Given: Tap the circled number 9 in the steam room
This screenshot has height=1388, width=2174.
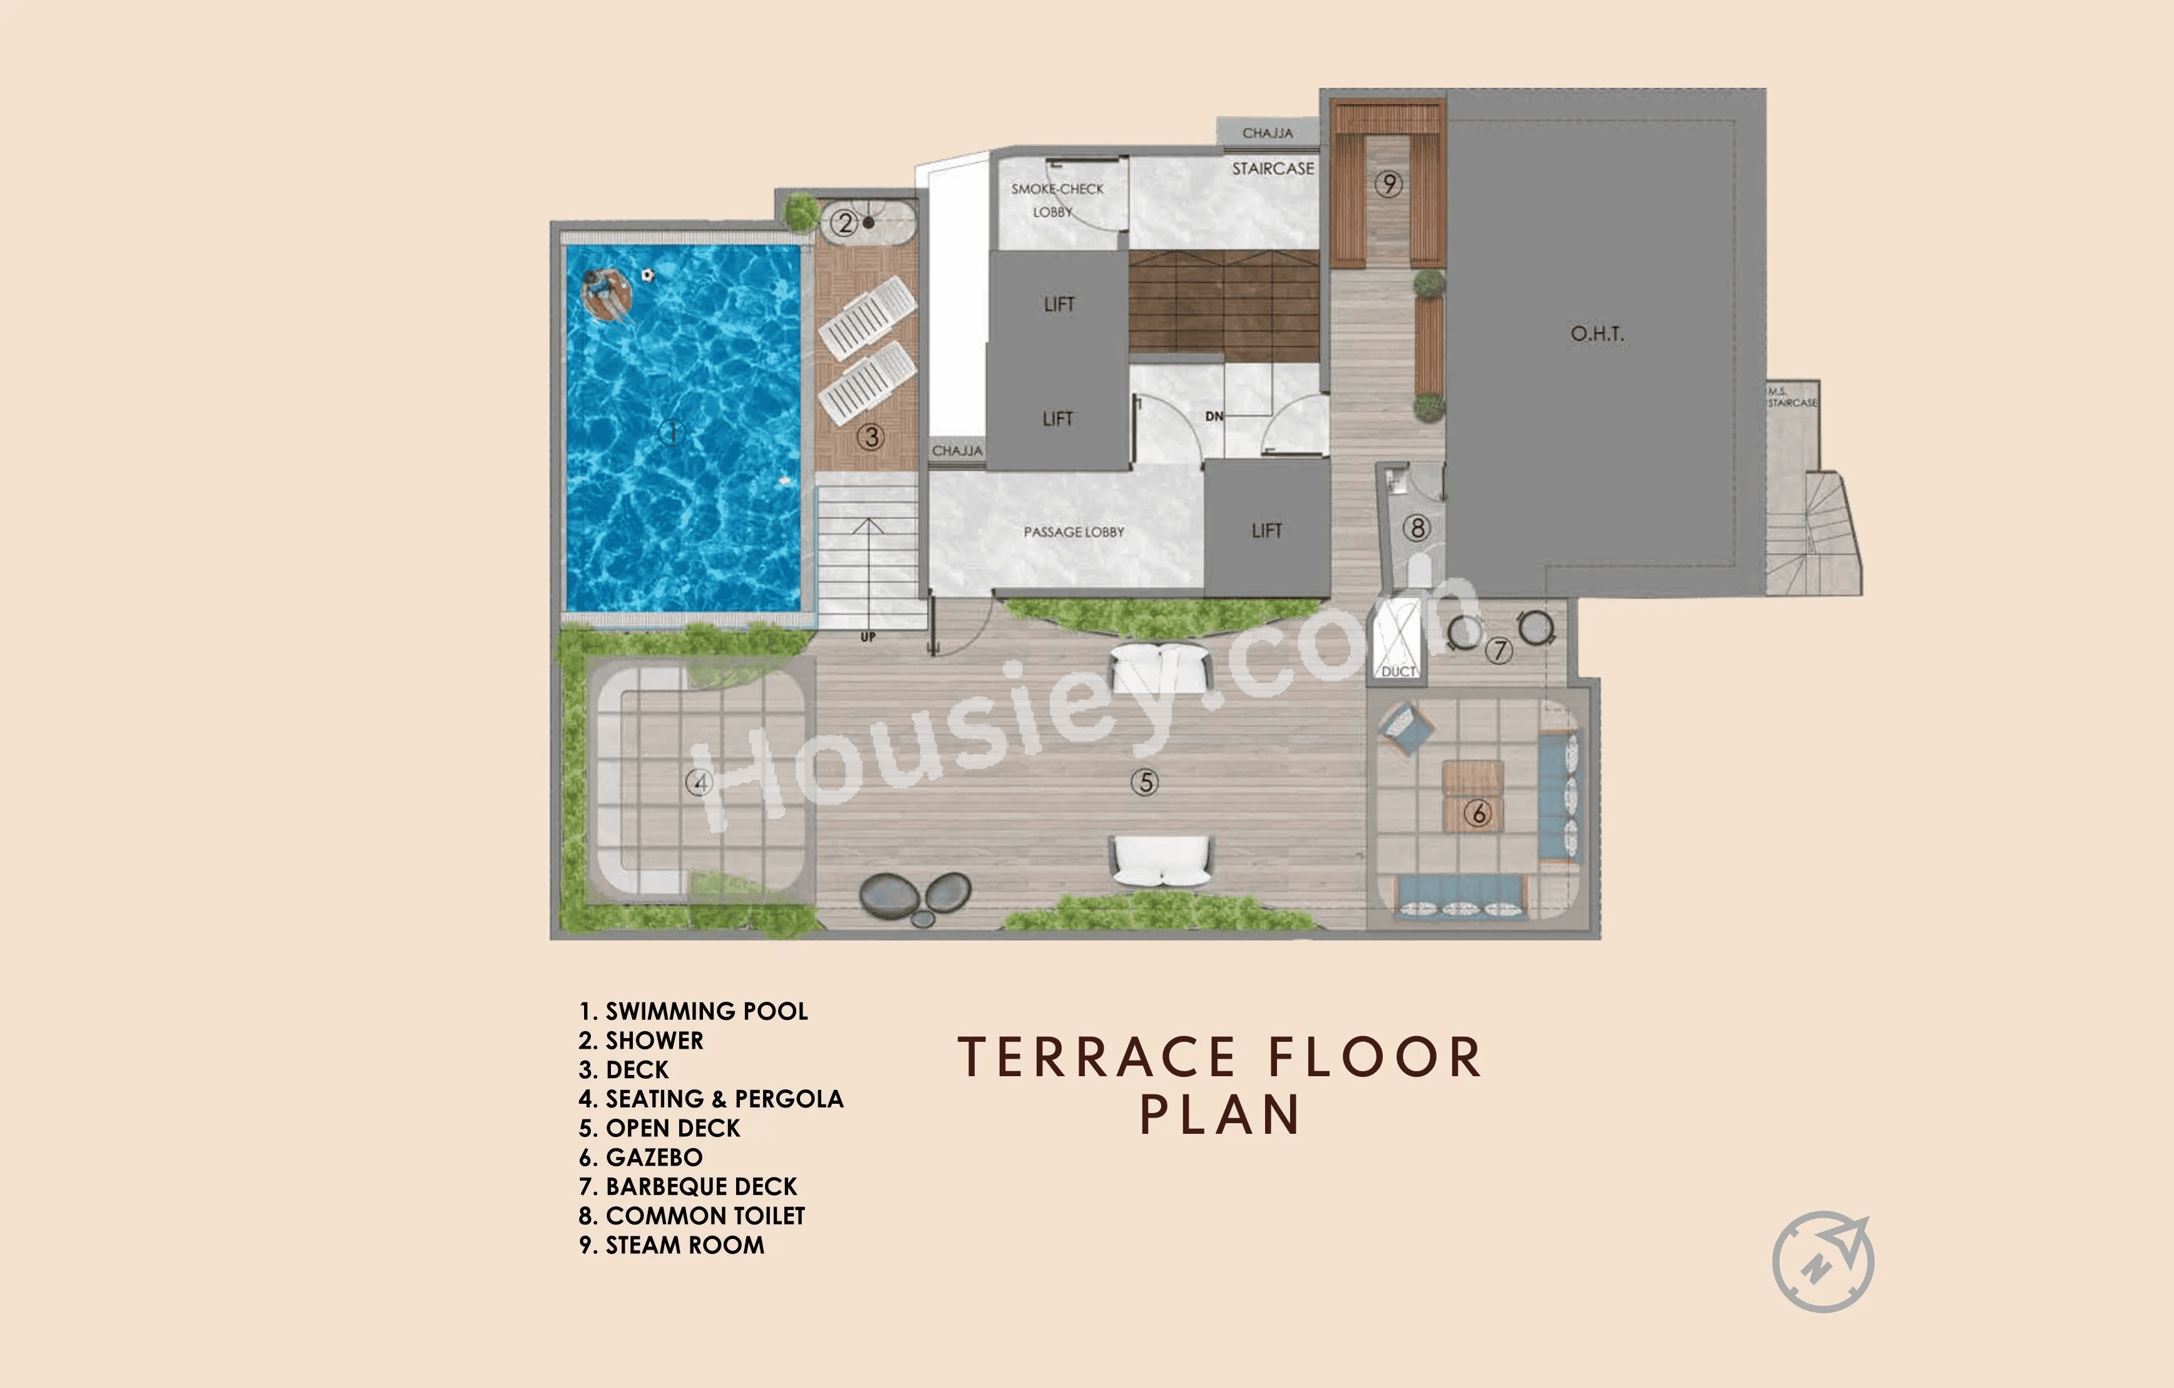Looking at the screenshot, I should [x=1388, y=184].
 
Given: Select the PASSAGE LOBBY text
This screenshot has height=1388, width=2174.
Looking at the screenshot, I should [x=1074, y=532].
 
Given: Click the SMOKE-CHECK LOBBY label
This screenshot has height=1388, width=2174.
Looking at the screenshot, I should [x=1056, y=200].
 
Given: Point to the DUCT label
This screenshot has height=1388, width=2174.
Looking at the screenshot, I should [x=1398, y=671].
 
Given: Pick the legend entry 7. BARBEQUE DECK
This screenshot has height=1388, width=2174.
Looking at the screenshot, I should [x=688, y=1186].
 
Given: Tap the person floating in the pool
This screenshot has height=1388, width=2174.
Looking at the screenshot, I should [x=605, y=294].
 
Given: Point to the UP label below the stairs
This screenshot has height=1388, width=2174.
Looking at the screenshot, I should [x=868, y=637].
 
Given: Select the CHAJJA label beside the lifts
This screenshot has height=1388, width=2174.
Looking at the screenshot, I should [x=957, y=450].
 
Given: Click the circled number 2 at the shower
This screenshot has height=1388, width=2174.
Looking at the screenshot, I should [x=844, y=222].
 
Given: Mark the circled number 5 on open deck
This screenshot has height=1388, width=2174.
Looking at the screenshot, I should [x=1145, y=782].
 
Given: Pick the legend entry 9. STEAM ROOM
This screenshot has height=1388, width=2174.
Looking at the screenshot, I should [x=672, y=1245].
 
